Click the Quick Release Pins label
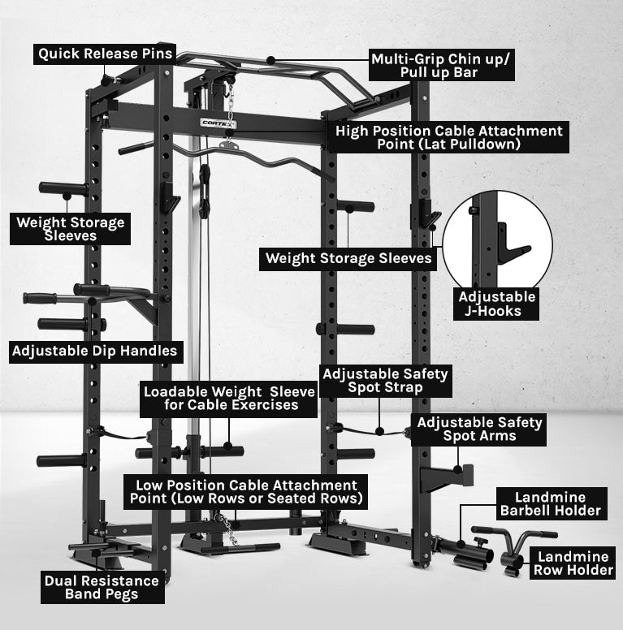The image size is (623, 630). [x=106, y=54]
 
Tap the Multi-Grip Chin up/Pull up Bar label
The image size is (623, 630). [x=442, y=65]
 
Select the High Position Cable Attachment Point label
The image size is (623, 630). [x=448, y=137]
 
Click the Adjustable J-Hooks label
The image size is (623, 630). [x=497, y=304]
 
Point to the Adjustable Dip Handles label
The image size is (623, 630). [x=95, y=352]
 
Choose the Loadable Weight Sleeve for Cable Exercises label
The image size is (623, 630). [x=228, y=398]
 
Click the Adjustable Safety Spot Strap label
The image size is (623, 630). [x=386, y=381]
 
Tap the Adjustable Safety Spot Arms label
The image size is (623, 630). [x=478, y=429]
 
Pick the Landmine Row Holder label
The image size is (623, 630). [x=573, y=563]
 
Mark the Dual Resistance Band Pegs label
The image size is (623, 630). [x=102, y=588]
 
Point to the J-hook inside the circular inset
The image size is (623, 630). [x=512, y=241]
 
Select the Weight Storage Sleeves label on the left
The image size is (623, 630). [x=71, y=229]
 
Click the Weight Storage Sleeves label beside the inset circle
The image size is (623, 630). [x=348, y=259]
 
